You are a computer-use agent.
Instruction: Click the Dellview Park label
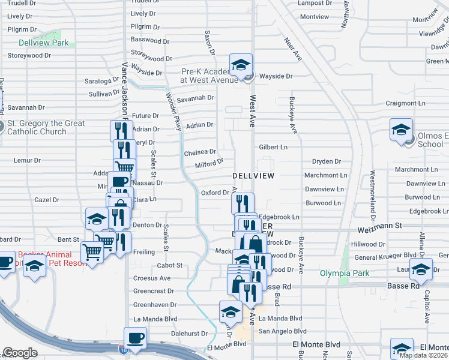pos(43,43)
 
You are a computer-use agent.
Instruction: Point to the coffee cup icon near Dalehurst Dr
pos(134,338)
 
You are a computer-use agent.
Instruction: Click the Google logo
pos(20,353)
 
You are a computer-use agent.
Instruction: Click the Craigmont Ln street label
pos(405,103)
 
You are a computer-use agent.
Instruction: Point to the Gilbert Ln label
pos(273,147)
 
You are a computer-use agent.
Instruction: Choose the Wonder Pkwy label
pos(173,111)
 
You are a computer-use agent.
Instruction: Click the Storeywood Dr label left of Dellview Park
pos(29,55)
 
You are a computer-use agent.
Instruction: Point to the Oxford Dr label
pos(215,193)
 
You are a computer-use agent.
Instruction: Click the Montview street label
pos(315,17)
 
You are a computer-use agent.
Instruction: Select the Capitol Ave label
pos(427,307)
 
